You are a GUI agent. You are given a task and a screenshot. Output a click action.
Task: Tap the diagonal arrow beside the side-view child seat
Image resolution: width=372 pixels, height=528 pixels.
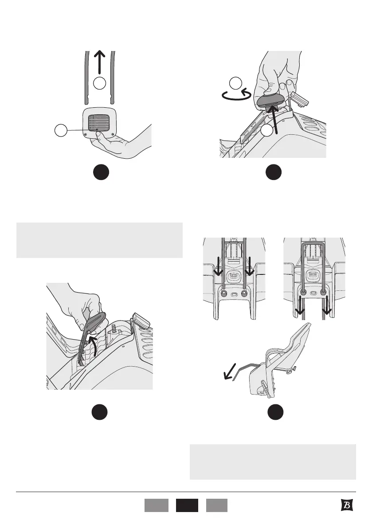[230, 372]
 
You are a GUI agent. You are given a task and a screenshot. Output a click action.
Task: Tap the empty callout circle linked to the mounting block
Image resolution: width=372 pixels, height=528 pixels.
[61, 130]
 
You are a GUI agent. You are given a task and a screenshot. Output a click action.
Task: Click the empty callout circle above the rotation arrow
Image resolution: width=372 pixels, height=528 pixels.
[236, 83]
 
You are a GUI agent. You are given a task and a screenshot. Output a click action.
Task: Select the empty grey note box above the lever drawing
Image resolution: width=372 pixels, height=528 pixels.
[99, 240]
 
